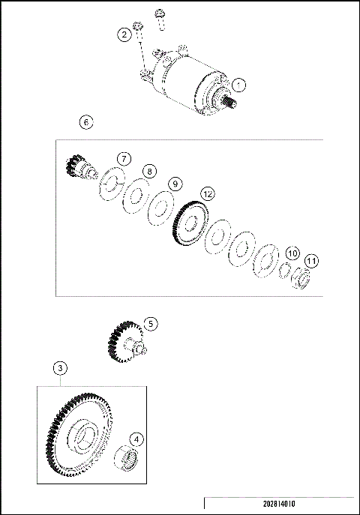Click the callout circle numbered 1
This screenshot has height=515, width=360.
click(x=238, y=85)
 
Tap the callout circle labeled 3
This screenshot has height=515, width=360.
click(x=60, y=368)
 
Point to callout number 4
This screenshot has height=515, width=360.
click(x=136, y=439)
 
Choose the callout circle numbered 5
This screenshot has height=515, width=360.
click(x=151, y=324)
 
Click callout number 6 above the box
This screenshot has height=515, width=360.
click(x=87, y=122)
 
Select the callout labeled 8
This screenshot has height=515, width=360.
click(x=150, y=172)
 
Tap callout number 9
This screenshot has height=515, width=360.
click(x=175, y=184)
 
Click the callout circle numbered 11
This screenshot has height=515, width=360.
click(x=311, y=261)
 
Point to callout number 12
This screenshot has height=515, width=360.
click(x=207, y=193)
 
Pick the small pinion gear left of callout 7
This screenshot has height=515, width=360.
click(x=77, y=166)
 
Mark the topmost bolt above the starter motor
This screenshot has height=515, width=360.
click(x=160, y=15)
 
